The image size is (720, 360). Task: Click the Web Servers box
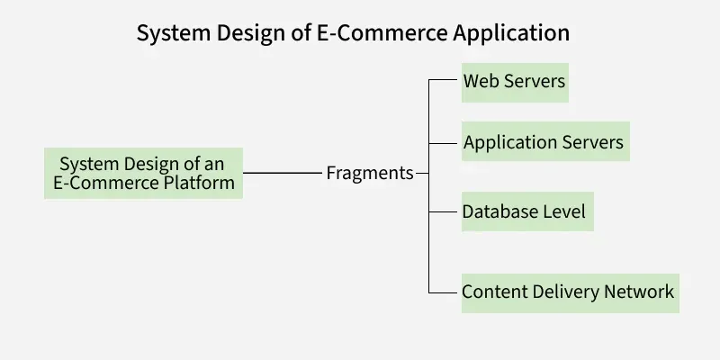[x=515, y=82]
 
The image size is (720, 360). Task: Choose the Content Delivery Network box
[x=569, y=292]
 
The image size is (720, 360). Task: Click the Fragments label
[x=370, y=173]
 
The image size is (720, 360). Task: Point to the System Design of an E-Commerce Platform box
[x=143, y=174]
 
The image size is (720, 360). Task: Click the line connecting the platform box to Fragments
[x=283, y=173]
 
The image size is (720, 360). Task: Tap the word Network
[x=638, y=292]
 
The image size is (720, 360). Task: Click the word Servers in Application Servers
[x=595, y=142]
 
